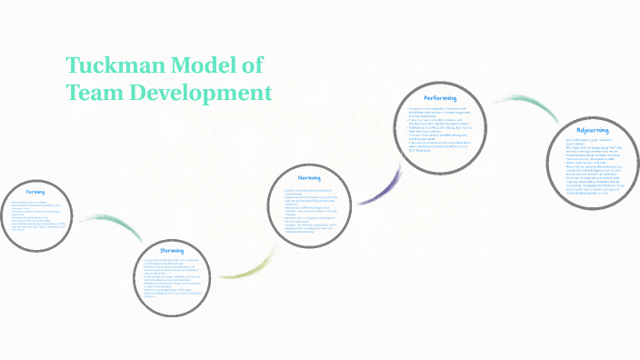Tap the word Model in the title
pos(207,66)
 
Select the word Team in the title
pos(95,93)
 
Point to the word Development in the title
pos(201,93)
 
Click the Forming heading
pos(35,192)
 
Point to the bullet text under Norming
pos(313,208)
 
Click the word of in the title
pos(251,66)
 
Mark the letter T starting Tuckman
pos(74,66)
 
